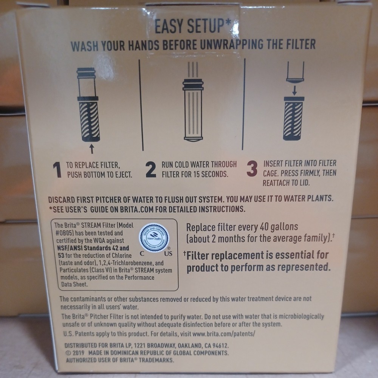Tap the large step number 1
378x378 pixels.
tap(57, 170)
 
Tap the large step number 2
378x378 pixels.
tap(150, 170)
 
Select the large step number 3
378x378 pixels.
tap(252, 169)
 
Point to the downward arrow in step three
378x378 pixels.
tap(294, 90)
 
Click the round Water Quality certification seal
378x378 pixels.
tap(154, 238)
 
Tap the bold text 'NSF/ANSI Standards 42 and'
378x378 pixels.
tap(92, 248)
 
